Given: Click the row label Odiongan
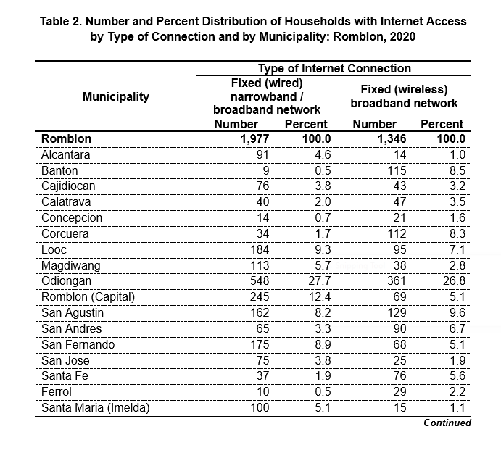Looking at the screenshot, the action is pyautogui.click(x=66, y=281).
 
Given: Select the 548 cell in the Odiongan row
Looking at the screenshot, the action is pyautogui.click(x=260, y=281).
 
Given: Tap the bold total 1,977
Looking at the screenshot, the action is pyautogui.click(x=254, y=139).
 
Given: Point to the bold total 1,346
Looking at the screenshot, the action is pyautogui.click(x=392, y=139).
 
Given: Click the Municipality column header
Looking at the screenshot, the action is pyautogui.click(x=116, y=96).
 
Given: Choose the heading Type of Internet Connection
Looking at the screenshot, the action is pyautogui.click(x=334, y=68).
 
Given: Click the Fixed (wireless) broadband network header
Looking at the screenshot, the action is pyautogui.click(x=404, y=96).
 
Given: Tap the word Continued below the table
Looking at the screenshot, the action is pyautogui.click(x=447, y=423).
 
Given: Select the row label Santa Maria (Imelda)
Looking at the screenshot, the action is pyautogui.click(x=95, y=408).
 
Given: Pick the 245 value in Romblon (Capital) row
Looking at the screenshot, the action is pyautogui.click(x=260, y=296).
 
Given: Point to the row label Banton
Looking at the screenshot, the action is pyautogui.click(x=59, y=170).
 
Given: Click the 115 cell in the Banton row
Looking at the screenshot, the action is pyautogui.click(x=397, y=170).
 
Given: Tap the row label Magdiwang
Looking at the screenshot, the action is pyautogui.click(x=70, y=266).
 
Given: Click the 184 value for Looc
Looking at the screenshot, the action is pyautogui.click(x=260, y=249).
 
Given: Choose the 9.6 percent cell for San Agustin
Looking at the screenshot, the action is pyautogui.click(x=457, y=313).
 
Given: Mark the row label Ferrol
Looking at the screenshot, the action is pyautogui.click(x=57, y=392).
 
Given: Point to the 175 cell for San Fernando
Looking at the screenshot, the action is pyautogui.click(x=260, y=345).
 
